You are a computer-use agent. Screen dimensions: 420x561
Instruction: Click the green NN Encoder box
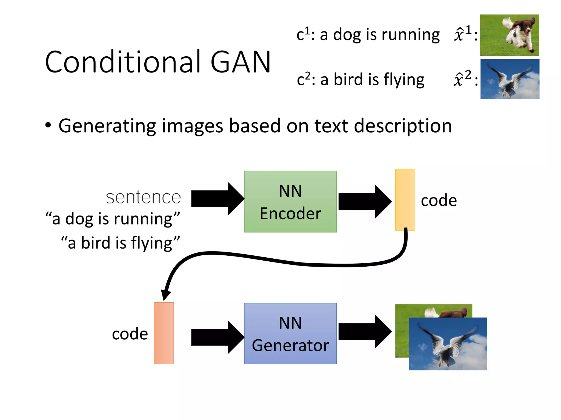click(290, 202)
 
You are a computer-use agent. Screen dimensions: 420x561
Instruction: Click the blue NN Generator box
click(290, 333)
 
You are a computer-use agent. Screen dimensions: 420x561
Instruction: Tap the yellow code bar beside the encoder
click(405, 200)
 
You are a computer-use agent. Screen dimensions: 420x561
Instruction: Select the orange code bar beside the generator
click(164, 333)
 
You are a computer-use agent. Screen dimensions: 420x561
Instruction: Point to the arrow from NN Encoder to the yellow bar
click(364, 202)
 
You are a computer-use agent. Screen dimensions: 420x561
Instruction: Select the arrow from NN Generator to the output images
click(364, 331)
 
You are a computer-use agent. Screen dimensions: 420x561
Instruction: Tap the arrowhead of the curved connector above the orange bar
click(166, 295)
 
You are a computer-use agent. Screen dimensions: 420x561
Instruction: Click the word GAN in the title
click(241, 62)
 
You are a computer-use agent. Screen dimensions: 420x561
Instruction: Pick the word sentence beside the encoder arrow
click(143, 197)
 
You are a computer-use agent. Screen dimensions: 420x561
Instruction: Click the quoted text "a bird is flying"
click(121, 243)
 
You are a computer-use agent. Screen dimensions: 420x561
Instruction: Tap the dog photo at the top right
click(509, 35)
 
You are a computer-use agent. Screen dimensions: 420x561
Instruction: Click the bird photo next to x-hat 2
click(510, 79)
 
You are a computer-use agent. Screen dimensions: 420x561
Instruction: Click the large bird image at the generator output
click(448, 344)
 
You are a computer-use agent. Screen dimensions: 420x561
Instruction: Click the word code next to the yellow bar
click(439, 200)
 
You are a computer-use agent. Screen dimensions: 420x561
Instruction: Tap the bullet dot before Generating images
click(48, 125)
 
